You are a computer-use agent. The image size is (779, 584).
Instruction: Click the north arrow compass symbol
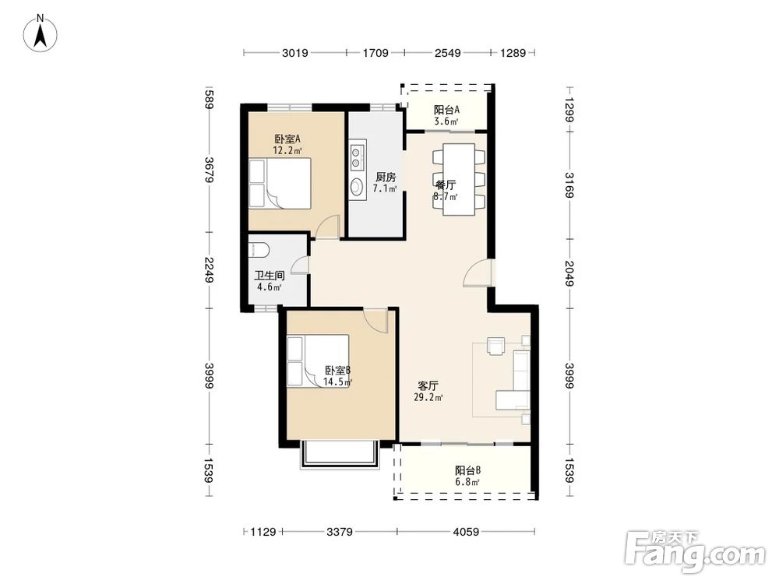point(41,33)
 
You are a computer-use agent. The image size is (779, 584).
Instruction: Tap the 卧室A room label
point(287,139)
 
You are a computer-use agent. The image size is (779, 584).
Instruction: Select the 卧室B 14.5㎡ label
point(338,376)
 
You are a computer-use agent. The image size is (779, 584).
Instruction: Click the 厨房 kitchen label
point(386,177)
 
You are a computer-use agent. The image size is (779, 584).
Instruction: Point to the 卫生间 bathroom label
point(270,276)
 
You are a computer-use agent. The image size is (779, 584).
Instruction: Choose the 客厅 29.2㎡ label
point(428,391)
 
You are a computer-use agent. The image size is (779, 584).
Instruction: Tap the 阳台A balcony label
point(446,110)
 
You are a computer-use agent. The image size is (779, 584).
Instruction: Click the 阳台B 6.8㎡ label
point(467,476)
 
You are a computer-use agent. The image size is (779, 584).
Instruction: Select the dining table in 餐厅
point(459,179)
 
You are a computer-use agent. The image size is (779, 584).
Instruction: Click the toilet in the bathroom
point(259,250)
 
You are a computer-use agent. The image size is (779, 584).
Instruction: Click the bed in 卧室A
point(280,183)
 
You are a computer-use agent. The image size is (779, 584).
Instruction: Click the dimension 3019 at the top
point(295,53)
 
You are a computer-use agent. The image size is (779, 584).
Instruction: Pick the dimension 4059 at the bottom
point(466,532)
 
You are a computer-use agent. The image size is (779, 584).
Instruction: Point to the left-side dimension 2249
point(209,270)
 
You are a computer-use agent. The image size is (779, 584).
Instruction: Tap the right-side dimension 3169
point(569,185)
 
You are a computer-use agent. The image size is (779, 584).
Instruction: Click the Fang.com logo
point(695,551)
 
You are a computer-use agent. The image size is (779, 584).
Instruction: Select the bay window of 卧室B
point(340,455)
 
